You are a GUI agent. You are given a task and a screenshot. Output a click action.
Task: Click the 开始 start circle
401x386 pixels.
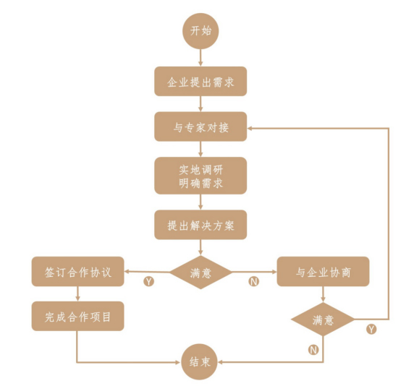coord(200,31)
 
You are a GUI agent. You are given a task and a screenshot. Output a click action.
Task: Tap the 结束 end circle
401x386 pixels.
coord(200,362)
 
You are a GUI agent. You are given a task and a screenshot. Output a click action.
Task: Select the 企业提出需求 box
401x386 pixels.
coord(200,82)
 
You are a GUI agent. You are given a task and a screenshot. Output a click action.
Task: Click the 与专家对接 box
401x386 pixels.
coord(200,126)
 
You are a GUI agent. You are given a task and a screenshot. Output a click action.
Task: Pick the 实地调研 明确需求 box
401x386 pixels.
coord(200,176)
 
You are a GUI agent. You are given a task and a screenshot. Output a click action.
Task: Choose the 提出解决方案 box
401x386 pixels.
coord(200,225)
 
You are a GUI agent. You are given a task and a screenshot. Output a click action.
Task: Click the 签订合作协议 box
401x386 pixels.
coord(77,272)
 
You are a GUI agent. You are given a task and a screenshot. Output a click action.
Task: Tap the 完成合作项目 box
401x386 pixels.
coord(77,317)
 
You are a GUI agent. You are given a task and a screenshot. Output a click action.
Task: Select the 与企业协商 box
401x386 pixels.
coord(324,272)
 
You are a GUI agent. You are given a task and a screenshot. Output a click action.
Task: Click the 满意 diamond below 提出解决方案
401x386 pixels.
coord(200,273)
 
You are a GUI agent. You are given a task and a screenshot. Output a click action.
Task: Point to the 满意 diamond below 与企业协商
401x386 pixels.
coord(324,319)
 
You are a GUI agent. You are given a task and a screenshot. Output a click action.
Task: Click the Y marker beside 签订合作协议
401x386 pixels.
coord(149,281)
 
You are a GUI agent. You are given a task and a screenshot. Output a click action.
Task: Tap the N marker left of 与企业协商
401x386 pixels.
coord(253,281)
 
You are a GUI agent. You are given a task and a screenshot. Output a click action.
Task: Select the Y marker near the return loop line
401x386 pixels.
coord(371,329)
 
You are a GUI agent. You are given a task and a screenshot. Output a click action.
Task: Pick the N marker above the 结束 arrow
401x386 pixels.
coord(313,350)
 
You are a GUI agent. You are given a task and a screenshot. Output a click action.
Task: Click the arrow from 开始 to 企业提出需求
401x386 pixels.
coord(200,58)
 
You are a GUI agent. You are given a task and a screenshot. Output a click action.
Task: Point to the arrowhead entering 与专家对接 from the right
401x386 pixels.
coord(250,128)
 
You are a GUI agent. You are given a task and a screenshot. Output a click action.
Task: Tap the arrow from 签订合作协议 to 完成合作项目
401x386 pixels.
coord(77,293)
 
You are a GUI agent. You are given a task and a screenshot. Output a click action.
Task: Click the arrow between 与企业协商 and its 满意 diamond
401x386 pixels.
coord(324,294)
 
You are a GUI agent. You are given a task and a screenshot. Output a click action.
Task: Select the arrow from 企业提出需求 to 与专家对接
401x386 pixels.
coord(200,104)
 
